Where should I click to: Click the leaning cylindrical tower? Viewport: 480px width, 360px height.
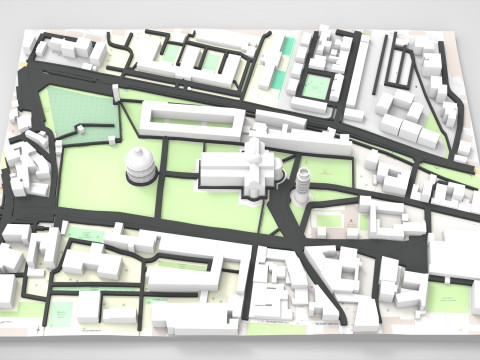tap(301, 185)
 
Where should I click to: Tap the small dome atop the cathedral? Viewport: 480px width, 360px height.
tap(256, 155)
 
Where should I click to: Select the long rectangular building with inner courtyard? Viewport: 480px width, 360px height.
tap(191, 121)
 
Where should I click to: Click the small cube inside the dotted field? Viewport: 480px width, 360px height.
tap(80, 128)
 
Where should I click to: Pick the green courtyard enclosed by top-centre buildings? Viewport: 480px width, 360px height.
tap(316, 85)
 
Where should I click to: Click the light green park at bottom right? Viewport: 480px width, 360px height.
tap(446, 297)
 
